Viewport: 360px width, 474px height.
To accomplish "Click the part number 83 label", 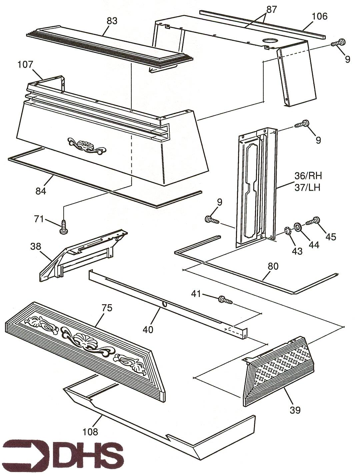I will coord(112,21).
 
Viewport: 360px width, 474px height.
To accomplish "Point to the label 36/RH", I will coord(308,176).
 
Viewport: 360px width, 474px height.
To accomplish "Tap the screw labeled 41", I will coord(225,300).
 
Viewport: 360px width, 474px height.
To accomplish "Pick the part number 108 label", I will coord(90,432).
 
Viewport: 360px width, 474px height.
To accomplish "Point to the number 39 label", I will coord(295,410).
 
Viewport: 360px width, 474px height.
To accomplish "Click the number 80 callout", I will coord(272,266).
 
